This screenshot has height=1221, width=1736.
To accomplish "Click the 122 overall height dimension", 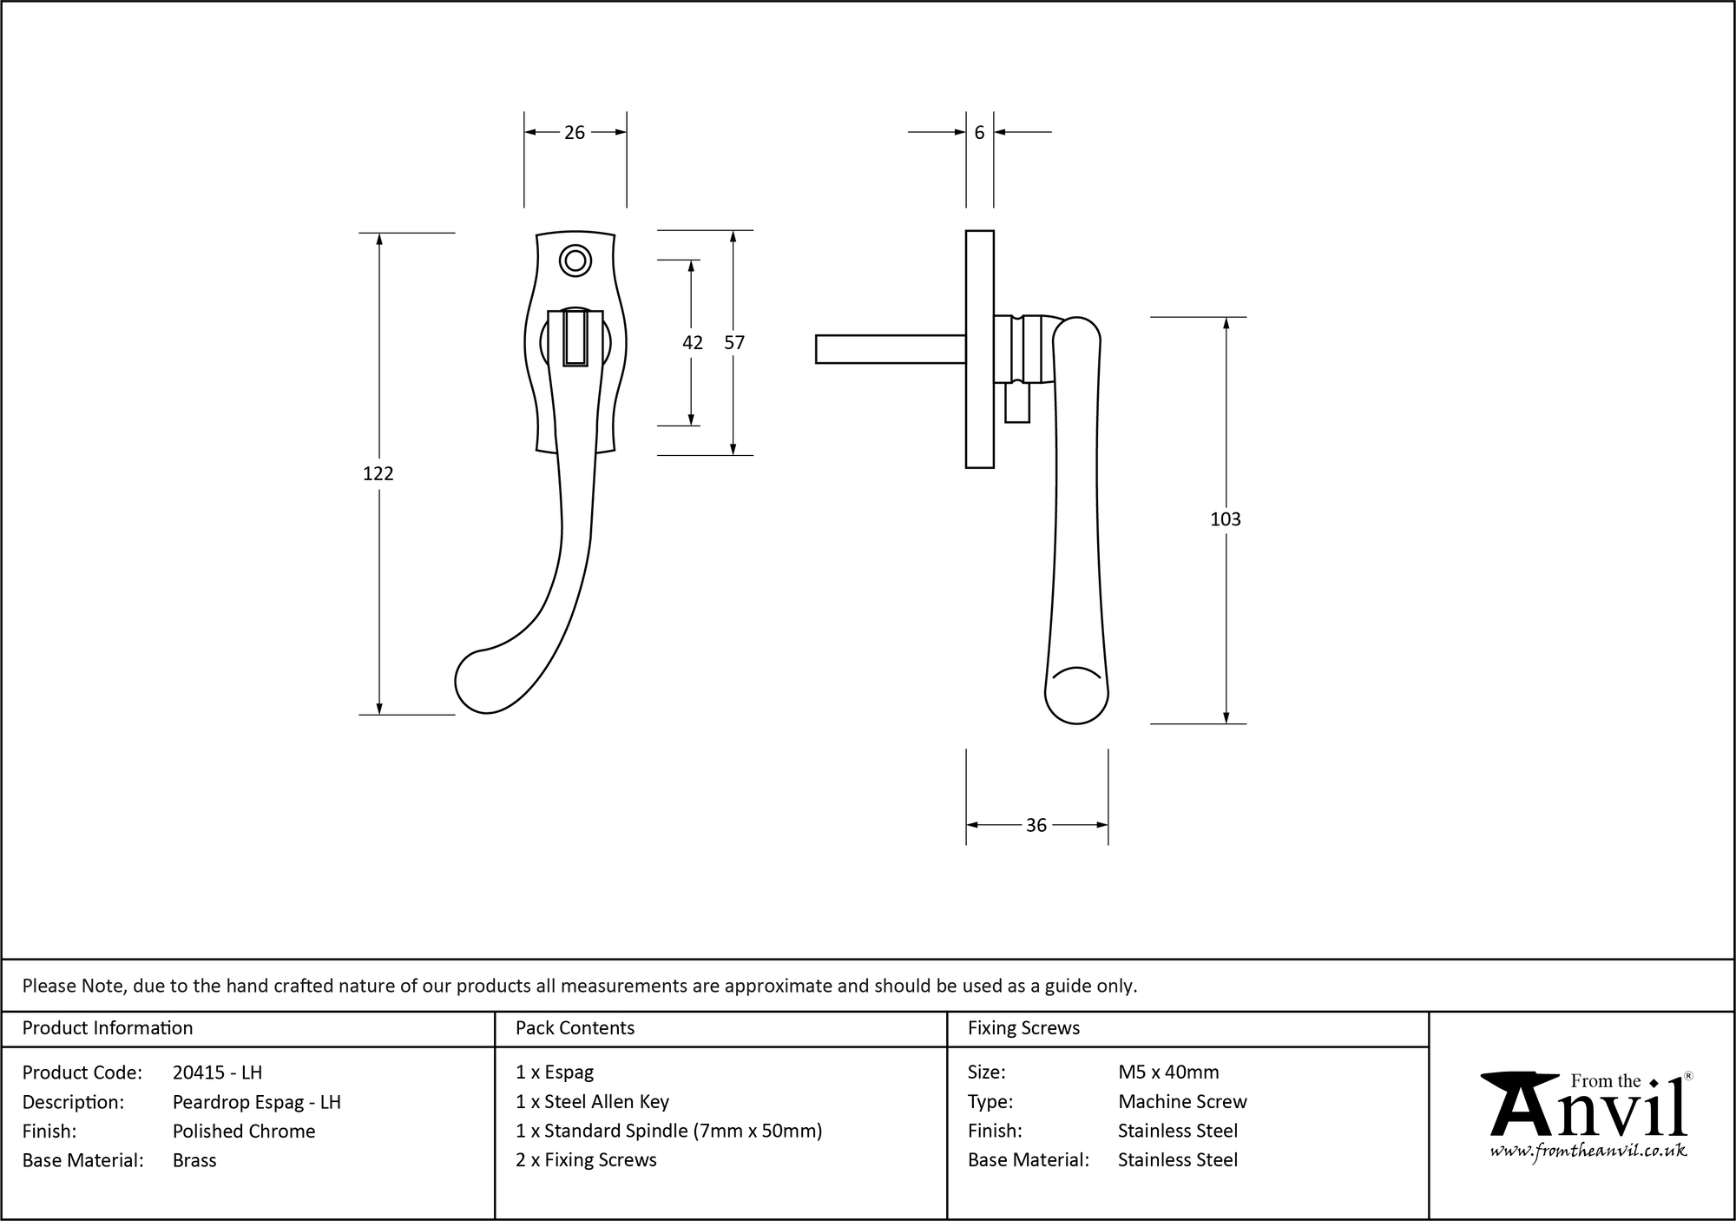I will point(378,473).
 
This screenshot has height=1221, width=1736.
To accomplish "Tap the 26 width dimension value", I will point(575,133).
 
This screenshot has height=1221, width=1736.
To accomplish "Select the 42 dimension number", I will point(692,343).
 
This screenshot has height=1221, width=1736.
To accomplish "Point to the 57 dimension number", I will point(734,343).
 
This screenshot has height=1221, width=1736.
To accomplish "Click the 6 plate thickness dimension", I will point(979,133).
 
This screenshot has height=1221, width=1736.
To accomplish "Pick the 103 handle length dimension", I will point(1225,519).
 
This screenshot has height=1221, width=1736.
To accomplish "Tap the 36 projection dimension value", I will point(1036,825).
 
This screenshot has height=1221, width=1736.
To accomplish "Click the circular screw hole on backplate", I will point(575,261).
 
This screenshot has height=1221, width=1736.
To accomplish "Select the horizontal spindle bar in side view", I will point(890,349).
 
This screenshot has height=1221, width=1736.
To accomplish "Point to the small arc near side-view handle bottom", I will point(1075,672).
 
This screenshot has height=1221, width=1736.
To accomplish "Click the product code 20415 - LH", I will point(217,1072).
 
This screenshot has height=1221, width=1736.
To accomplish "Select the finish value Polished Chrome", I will point(244,1131).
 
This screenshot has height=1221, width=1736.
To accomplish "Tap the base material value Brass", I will point(194,1160).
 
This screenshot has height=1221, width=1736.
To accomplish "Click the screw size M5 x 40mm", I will point(1168,1072).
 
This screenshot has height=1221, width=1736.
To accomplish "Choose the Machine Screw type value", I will point(1182,1101).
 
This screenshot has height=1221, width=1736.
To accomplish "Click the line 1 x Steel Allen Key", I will point(592,1101).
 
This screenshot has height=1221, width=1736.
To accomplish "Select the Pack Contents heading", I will point(575,1028).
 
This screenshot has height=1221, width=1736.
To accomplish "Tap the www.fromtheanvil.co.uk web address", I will point(1588,1151).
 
